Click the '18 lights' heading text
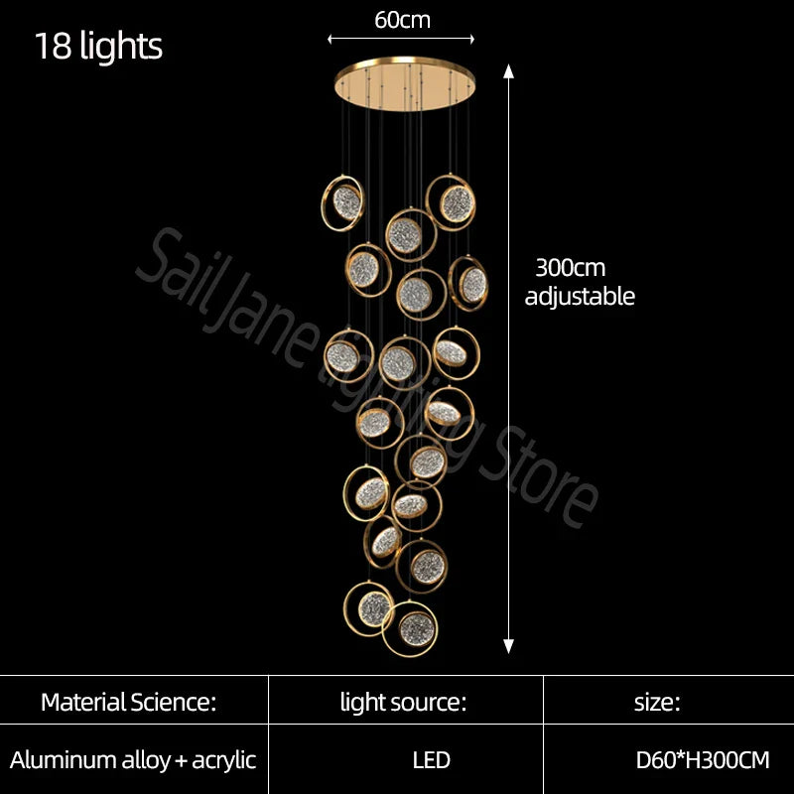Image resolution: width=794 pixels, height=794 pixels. pyautogui.click(x=98, y=46)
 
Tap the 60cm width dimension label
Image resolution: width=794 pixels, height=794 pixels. pyautogui.click(x=403, y=20)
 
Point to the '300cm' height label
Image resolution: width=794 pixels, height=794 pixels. pyautogui.click(x=570, y=267)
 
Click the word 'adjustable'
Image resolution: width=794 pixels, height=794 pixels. pyautogui.click(x=580, y=296)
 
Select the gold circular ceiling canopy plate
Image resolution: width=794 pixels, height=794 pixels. pyautogui.click(x=405, y=83)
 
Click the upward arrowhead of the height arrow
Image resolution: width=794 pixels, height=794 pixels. pyautogui.click(x=508, y=71)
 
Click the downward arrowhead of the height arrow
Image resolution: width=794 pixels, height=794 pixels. pyautogui.click(x=508, y=646)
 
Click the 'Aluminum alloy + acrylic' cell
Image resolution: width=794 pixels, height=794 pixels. pyautogui.click(x=133, y=760)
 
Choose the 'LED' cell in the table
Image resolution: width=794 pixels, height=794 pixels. pyautogui.click(x=432, y=760)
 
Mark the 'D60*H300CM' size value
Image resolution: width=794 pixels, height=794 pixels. pyautogui.click(x=703, y=760)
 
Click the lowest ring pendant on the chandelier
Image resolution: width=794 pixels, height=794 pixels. pyautogui.click(x=410, y=628)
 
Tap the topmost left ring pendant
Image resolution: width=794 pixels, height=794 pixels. pyautogui.click(x=342, y=203)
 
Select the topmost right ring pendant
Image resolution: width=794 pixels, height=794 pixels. pyautogui.click(x=451, y=202)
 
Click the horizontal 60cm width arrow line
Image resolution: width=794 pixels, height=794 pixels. pyautogui.click(x=401, y=39)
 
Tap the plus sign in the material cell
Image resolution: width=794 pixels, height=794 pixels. pyautogui.click(x=181, y=761)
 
